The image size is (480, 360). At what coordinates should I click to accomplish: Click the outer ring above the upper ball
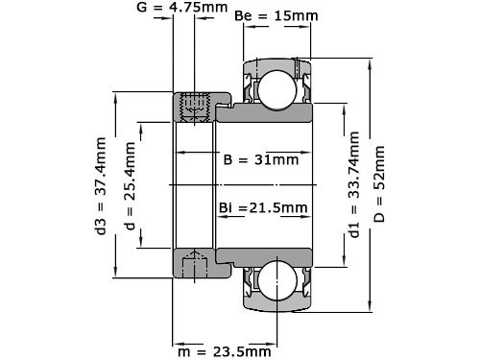pyautogui.click(x=276, y=62)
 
